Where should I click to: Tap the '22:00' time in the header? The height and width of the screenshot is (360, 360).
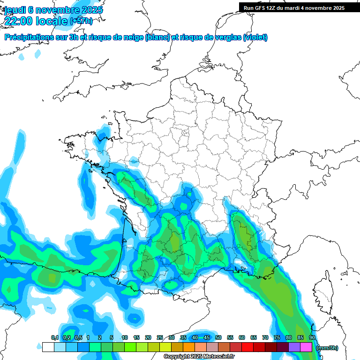18,22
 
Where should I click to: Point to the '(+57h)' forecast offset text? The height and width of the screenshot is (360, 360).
81,22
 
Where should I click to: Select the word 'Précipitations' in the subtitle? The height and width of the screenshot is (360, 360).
28,37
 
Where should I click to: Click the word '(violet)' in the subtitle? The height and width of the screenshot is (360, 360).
255,37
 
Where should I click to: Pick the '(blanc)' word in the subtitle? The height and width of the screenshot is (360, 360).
157,37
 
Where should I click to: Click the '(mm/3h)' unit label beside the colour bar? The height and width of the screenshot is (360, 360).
327,347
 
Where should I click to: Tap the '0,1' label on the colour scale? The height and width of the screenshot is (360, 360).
55,338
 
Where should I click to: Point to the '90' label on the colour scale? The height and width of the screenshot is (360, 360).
312,338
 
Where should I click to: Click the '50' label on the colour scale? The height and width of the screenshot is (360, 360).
218,338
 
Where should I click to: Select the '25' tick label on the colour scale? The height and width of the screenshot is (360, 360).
160,338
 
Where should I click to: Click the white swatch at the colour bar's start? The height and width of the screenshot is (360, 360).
48,347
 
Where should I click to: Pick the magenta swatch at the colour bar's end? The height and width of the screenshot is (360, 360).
306,347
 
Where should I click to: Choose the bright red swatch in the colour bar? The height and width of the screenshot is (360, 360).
247,347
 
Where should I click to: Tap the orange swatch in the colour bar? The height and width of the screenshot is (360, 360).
188,347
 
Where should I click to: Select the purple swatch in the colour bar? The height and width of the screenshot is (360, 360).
294,347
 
